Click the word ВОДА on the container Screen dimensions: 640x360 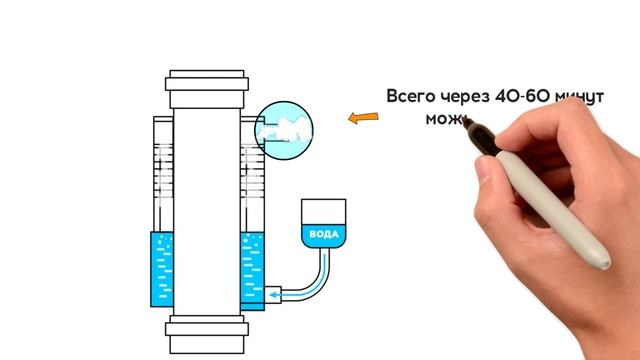click(x=324, y=235)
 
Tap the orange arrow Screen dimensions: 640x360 click(x=362, y=120)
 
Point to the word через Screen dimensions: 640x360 click(x=470, y=97)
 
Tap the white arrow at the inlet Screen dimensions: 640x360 click(x=290, y=295)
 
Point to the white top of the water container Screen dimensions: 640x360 click(x=324, y=211)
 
